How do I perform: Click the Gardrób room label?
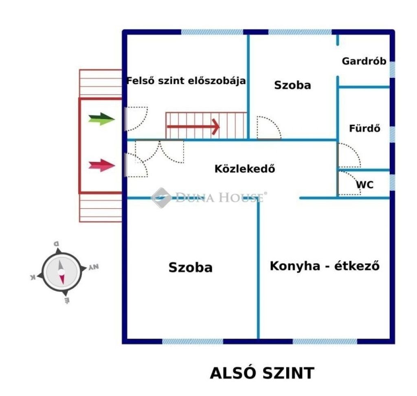(x=364, y=61)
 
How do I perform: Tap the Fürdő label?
(x=364, y=128)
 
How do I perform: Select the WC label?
(x=364, y=185)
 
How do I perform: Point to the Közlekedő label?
(x=245, y=168)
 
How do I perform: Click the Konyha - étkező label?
(x=325, y=266)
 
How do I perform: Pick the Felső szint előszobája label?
(x=186, y=80)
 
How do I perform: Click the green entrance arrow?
(x=101, y=119)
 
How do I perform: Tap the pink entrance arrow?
(x=101, y=166)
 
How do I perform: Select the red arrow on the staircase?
(x=193, y=127)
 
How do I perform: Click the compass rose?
(x=61, y=272)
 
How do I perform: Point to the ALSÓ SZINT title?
(x=262, y=373)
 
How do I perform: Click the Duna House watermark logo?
(x=209, y=198)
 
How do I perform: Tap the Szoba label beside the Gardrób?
(x=292, y=85)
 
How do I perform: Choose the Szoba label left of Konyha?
(x=191, y=268)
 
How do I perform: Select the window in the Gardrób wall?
(x=392, y=69)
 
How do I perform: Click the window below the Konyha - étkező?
(x=325, y=341)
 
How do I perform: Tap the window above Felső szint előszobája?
(x=212, y=32)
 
